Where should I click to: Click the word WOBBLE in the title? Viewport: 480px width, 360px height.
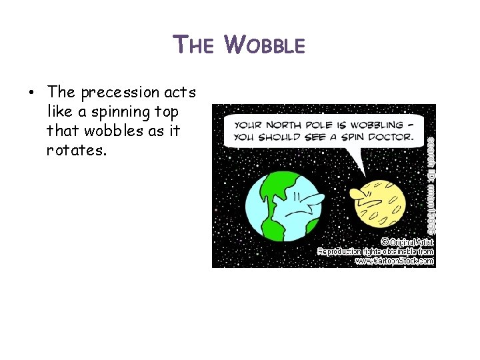tap(265, 45)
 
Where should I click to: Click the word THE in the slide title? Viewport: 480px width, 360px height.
tap(194, 45)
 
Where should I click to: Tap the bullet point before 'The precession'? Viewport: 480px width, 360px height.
tap(31, 92)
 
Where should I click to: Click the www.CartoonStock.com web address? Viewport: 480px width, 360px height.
tap(394, 261)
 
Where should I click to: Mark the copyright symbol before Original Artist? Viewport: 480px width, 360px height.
tap(385, 241)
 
